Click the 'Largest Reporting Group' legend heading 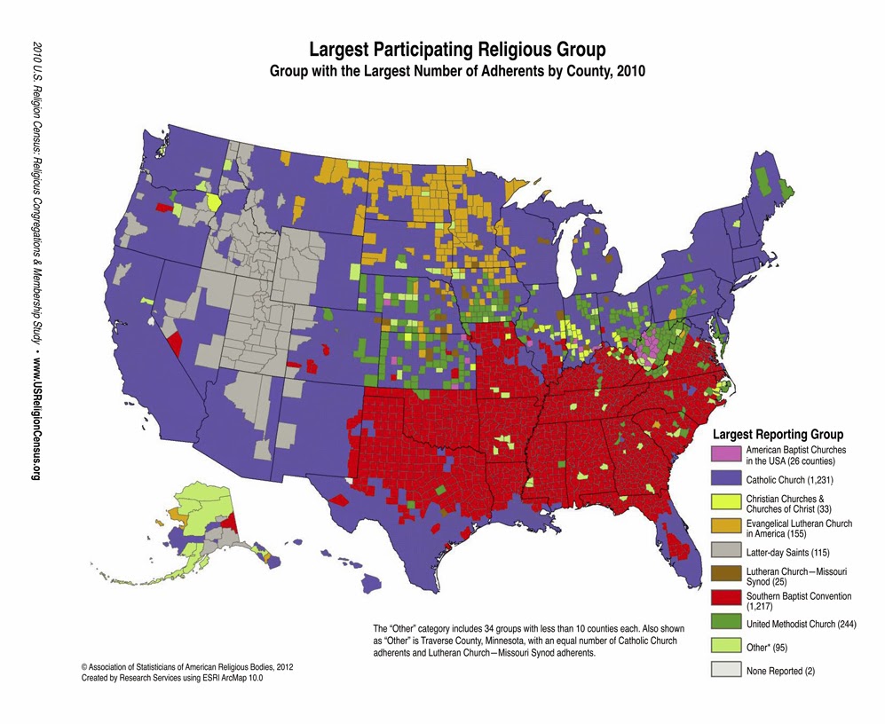coord(778,436)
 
